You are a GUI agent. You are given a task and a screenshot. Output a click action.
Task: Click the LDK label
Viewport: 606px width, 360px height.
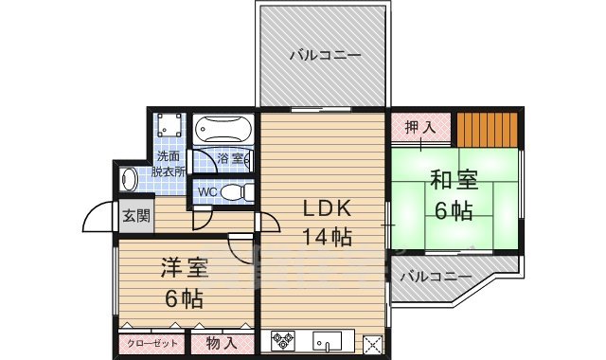(x=327, y=208)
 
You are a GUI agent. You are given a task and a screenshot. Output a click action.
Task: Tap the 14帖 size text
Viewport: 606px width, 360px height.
(x=327, y=236)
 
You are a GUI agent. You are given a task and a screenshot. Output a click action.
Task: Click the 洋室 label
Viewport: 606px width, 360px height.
(x=185, y=268)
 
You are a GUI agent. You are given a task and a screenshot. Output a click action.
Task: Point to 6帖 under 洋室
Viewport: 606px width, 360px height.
(x=184, y=298)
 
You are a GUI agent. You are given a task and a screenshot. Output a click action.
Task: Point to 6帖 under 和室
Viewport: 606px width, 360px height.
(x=454, y=210)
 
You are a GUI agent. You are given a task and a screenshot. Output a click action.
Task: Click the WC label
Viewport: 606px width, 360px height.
(x=207, y=191)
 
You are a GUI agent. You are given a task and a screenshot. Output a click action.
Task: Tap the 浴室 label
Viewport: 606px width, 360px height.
(x=230, y=158)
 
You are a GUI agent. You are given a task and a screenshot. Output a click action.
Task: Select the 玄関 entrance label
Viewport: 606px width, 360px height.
(x=135, y=215)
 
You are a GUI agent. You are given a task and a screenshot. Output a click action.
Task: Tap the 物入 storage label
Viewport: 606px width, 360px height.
(x=222, y=344)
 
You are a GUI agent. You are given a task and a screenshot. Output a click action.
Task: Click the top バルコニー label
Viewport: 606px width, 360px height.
(x=325, y=56)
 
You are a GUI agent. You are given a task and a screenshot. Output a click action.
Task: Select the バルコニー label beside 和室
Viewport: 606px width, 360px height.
(x=435, y=278)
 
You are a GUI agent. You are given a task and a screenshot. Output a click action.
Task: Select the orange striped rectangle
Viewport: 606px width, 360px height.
(x=487, y=127)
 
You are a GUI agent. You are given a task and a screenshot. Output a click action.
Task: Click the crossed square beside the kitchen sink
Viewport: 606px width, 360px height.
(x=372, y=344)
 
